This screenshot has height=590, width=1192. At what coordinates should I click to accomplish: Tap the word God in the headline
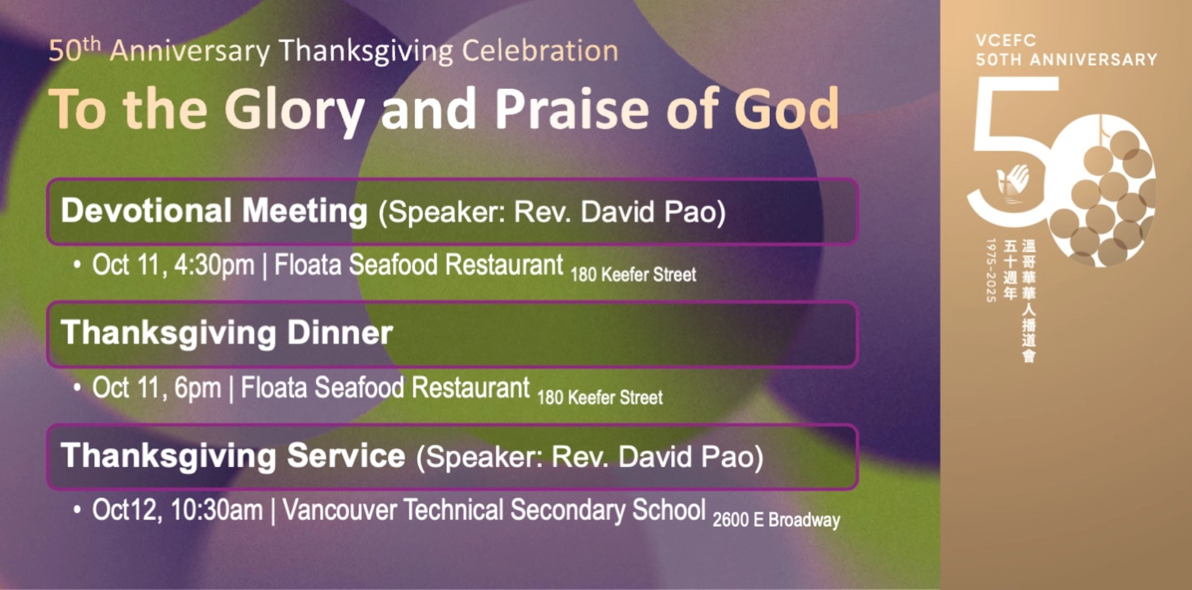pyautogui.click(x=786, y=109)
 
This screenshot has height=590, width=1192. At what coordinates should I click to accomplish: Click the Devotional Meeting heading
pyautogui.click(x=214, y=211)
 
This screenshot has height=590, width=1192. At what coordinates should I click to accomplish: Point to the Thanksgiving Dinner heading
pyautogui.click(x=227, y=333)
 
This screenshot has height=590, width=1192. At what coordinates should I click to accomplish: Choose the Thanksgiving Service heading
pyautogui.click(x=233, y=456)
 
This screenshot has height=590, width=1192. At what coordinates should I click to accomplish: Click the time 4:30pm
pyautogui.click(x=214, y=265)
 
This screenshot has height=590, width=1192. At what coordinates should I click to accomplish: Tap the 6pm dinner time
pyautogui.click(x=197, y=388)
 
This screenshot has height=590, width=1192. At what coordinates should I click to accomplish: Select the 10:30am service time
pyautogui.click(x=216, y=510)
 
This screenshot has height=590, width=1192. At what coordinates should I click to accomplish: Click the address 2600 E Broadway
pyautogui.click(x=776, y=520)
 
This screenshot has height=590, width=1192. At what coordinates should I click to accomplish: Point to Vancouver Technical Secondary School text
pyautogui.click(x=494, y=510)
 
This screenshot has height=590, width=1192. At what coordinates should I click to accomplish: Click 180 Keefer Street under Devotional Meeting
pyautogui.click(x=633, y=275)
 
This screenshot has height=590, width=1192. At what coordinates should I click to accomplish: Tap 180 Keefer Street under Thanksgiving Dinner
pyautogui.click(x=600, y=398)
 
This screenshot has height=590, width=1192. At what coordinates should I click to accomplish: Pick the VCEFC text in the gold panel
pyautogui.click(x=1006, y=41)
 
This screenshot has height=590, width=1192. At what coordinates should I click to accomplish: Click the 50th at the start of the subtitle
pyautogui.click(x=74, y=50)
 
